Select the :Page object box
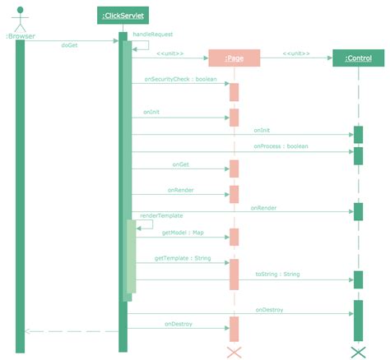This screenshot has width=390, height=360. [234, 58]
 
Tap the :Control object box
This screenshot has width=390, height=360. [358, 58]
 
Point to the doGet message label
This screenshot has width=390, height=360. [70, 45]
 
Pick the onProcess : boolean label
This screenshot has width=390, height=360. [281, 146]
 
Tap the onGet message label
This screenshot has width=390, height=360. [181, 164]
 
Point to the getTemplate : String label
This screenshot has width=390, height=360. [183, 258]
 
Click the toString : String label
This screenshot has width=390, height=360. [277, 274]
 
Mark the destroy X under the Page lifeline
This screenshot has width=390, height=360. [234, 352]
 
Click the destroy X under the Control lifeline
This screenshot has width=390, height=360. [358, 352]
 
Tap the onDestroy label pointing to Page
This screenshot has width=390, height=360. [179, 324]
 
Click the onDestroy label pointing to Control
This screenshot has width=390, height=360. [269, 310]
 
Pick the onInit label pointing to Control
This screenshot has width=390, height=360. [262, 130]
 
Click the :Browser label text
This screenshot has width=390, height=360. [20, 36]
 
